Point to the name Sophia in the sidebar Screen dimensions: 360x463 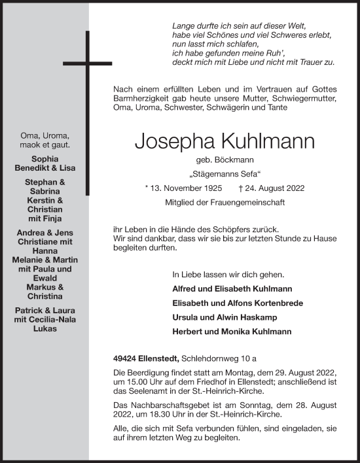(x=45, y=158)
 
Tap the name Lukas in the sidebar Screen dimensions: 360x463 (x=46, y=328)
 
